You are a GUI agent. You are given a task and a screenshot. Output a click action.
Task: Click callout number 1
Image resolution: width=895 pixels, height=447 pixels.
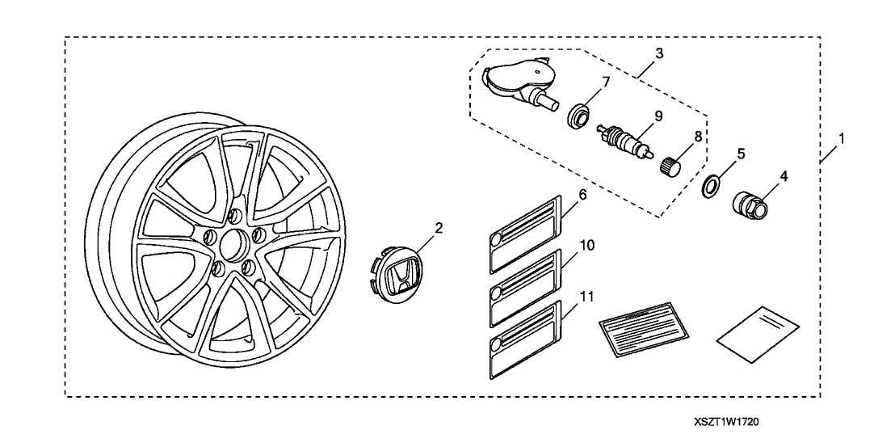[842, 138]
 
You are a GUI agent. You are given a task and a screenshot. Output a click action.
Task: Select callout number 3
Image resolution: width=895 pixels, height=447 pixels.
[659, 54]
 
